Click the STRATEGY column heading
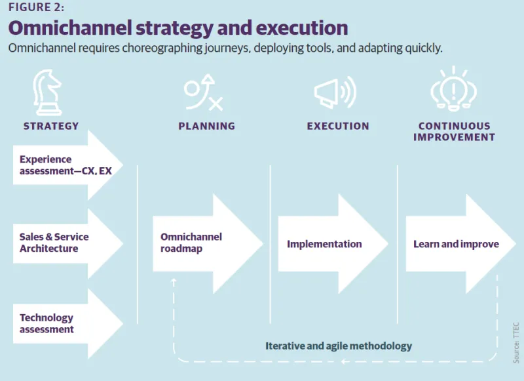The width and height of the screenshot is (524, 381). [51, 126]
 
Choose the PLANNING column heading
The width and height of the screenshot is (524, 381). [206, 126]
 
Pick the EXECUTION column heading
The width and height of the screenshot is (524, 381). [338, 126]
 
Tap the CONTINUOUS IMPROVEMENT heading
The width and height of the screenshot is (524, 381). [454, 131]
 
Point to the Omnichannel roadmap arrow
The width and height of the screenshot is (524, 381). [203, 243]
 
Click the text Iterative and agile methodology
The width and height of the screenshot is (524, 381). [339, 346]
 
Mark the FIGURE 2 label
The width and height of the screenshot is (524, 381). [37, 7]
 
